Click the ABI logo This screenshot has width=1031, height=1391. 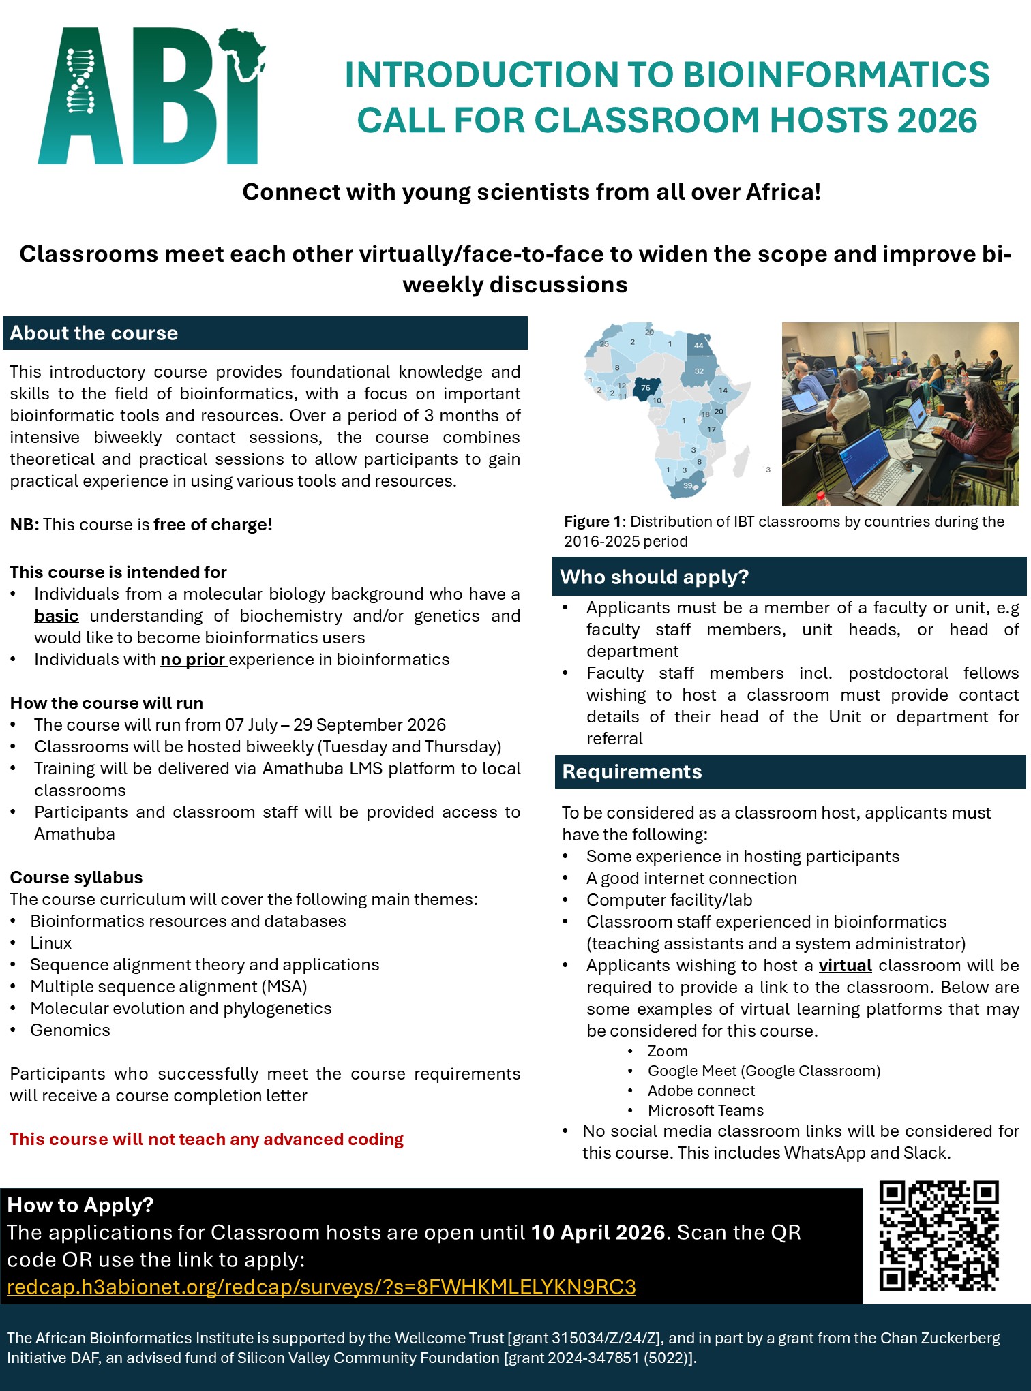click(150, 95)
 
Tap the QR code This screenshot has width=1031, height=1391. click(939, 1236)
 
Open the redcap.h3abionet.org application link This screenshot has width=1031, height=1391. click(321, 1287)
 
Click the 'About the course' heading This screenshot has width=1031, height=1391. click(93, 333)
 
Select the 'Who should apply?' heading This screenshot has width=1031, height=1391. click(654, 577)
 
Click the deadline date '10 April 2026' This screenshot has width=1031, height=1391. click(598, 1232)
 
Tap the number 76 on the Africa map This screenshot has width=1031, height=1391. click(645, 388)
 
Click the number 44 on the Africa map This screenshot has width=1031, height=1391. click(698, 346)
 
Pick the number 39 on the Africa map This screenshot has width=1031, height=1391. click(687, 485)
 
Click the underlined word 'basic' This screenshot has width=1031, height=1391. click(56, 616)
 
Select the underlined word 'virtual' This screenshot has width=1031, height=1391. click(845, 966)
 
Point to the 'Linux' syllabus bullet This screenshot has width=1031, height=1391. click(51, 943)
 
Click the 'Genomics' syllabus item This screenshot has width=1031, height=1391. click(70, 1030)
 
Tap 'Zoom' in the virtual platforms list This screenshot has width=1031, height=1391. click(667, 1052)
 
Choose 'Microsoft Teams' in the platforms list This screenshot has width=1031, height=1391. click(705, 1111)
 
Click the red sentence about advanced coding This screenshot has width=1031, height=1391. click(207, 1140)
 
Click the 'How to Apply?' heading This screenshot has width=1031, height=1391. click(80, 1205)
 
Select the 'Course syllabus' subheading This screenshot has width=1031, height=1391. click(76, 878)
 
